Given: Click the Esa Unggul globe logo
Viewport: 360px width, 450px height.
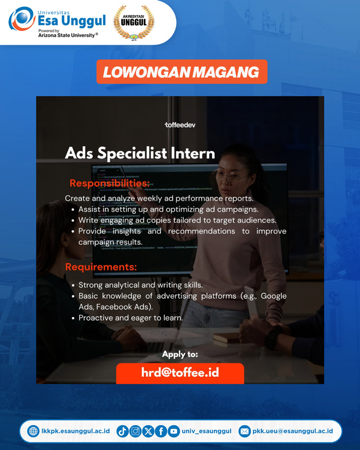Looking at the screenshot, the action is coord(22,19).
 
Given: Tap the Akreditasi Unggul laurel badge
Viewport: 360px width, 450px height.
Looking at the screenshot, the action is coord(134,22).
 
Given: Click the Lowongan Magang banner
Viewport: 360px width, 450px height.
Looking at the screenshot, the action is coord(182,72).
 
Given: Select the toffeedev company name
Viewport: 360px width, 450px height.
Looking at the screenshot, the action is coord(180,125).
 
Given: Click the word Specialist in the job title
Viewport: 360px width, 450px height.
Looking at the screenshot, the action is coord(132,153).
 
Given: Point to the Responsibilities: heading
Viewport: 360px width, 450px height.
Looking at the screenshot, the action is coord(110,183).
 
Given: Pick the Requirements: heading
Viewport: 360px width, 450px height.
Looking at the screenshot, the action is coord(101,267).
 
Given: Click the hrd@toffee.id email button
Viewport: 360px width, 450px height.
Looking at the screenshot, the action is coord(180,373).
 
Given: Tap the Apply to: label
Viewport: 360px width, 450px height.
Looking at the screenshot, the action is coord(180,354).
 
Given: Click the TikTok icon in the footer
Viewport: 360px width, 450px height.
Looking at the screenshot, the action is coord(122,431).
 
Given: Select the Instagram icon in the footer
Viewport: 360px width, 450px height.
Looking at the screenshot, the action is coord(135,431).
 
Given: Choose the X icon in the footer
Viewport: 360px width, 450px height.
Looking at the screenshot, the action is coord(148,431).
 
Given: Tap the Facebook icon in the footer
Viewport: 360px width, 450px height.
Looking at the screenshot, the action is coord(161,431).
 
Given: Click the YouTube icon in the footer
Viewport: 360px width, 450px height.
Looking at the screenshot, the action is coord(174,431).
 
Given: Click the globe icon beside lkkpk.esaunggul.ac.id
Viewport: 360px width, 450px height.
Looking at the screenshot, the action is coord(33,431).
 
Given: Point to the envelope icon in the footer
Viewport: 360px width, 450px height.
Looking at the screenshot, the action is coord(245,431).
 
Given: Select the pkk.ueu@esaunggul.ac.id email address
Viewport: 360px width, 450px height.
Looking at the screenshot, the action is coord(292,431).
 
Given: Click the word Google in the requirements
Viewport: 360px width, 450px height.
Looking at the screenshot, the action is coord(274,296).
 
